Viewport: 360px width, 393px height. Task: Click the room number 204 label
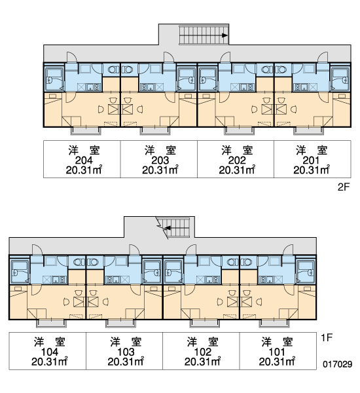(84, 160)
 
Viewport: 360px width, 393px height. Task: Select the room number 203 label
(160, 160)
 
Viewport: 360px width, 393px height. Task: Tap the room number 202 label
(237, 160)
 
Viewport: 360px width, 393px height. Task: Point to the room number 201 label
(311, 160)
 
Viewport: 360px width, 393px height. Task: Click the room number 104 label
(49, 352)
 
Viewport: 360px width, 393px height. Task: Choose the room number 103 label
(126, 352)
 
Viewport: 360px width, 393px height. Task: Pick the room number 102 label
(203, 352)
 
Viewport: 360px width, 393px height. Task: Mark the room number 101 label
(277, 352)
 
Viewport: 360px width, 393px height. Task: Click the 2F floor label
(343, 187)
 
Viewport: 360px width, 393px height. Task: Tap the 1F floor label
(327, 338)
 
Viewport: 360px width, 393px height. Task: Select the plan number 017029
(338, 364)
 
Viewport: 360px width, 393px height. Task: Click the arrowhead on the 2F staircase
(225, 35)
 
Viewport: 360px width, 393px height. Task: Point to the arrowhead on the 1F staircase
(167, 228)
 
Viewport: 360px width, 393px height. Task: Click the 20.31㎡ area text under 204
(84, 170)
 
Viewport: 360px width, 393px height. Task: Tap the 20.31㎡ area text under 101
(277, 362)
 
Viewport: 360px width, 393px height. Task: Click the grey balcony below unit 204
(86, 130)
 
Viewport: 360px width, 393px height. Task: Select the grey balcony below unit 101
(274, 323)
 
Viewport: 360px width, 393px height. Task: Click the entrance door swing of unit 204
(71, 57)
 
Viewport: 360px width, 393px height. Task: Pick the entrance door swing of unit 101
(288, 250)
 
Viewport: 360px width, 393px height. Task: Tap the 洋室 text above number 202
(237, 151)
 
